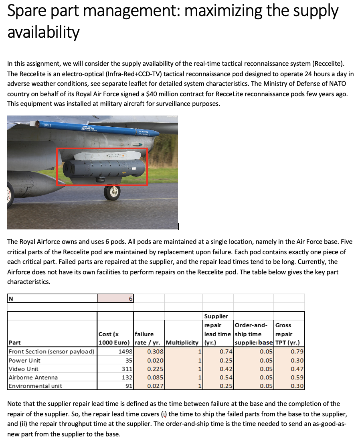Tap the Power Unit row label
coord(24,360)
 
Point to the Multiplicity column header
coord(182,343)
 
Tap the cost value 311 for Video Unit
coord(127,369)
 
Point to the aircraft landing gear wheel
coord(112,192)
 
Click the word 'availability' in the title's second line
coord(44,32)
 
